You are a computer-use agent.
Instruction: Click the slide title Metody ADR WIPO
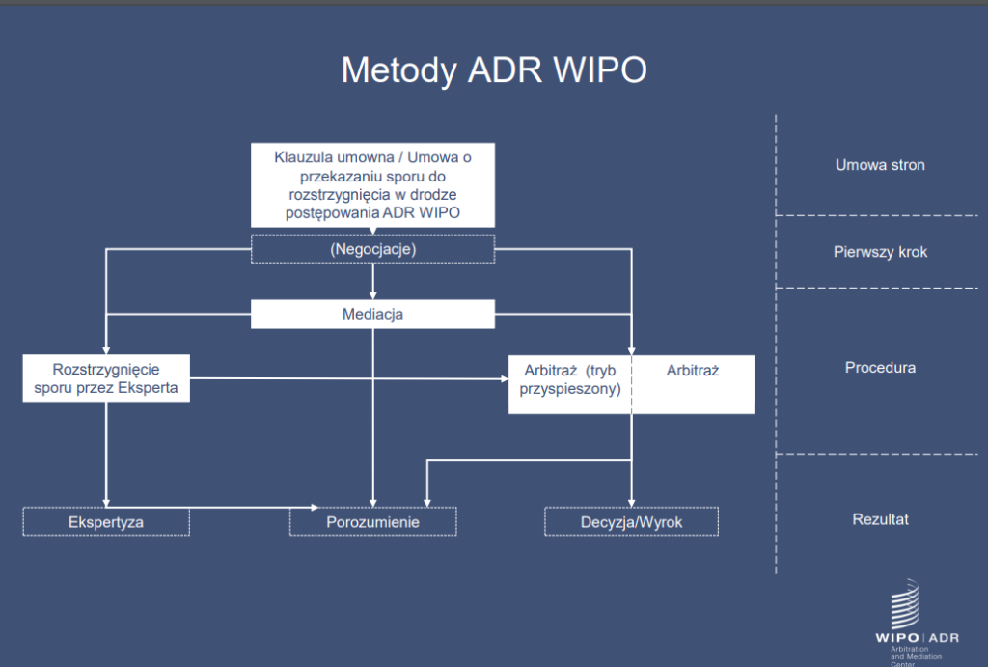[x=494, y=70]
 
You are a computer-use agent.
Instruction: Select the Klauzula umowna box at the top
[x=372, y=184]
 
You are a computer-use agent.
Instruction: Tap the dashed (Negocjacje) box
[x=372, y=249]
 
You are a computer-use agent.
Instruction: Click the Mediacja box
[x=372, y=315]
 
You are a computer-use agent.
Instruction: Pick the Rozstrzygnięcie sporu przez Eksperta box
[x=106, y=378]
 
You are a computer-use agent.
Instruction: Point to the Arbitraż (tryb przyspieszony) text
[x=569, y=379]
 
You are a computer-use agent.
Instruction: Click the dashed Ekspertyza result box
[x=106, y=521]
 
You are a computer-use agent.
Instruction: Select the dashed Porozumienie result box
[x=372, y=521]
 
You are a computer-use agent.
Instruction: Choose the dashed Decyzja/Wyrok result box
[x=632, y=521]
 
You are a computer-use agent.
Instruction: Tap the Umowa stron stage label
[x=880, y=165]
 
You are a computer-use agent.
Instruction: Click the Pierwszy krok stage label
[x=880, y=252]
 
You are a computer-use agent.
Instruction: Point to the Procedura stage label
[x=880, y=368]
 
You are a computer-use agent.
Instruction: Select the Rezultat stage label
[x=880, y=519]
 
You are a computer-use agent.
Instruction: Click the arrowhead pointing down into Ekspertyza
[x=106, y=501]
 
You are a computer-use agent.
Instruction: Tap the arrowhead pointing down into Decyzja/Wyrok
[x=632, y=501]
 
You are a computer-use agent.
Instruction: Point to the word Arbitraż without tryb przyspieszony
[x=693, y=370]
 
